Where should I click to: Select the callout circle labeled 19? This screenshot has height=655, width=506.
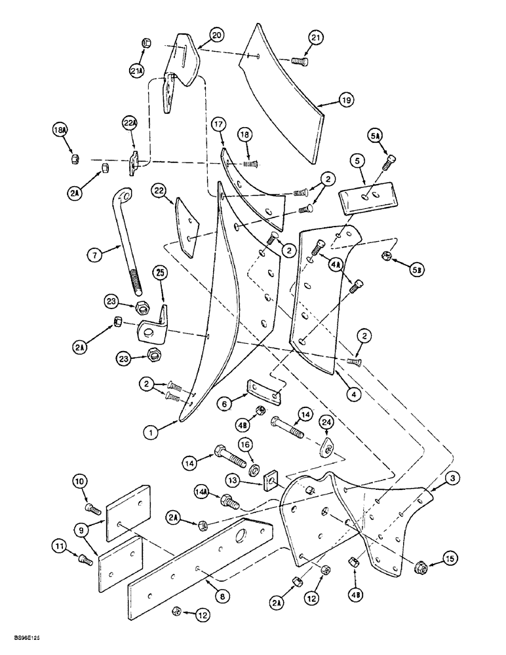[x=345, y=100]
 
